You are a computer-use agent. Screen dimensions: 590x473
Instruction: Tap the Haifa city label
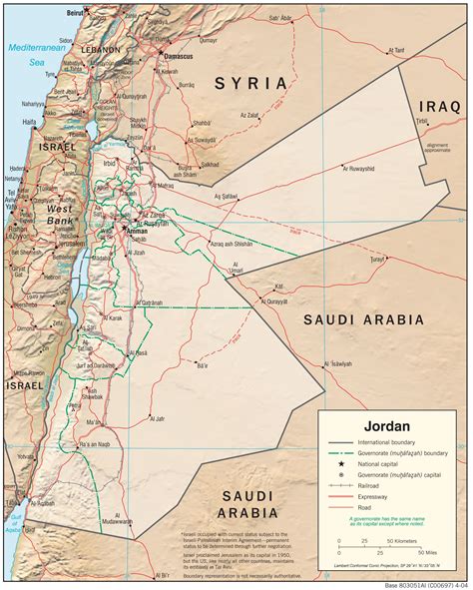click(x=31, y=122)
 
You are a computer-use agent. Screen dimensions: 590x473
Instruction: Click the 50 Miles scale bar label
click(x=432, y=551)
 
